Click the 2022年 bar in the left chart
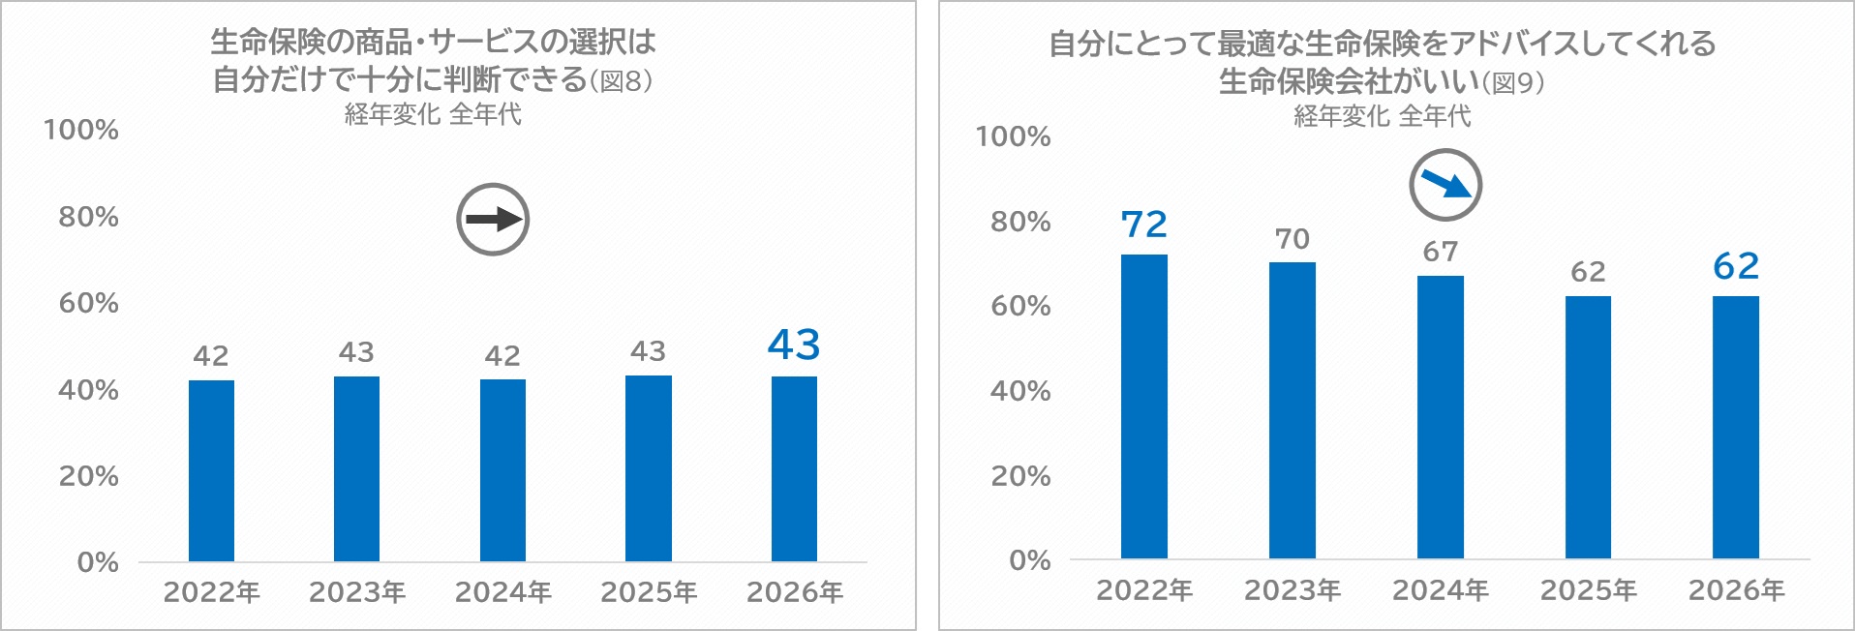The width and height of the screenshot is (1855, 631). (x=211, y=470)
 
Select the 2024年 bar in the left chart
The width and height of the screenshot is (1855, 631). (x=502, y=470)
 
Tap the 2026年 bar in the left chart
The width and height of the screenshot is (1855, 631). (x=794, y=468)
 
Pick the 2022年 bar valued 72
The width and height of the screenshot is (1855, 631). (x=1144, y=406)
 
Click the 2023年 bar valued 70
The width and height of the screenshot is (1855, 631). (x=1292, y=410)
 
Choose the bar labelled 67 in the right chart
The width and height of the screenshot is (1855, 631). (x=1441, y=417)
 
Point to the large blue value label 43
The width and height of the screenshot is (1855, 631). (x=794, y=345)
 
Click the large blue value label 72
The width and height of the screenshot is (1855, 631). (x=1144, y=225)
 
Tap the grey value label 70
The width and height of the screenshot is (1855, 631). (x=1292, y=239)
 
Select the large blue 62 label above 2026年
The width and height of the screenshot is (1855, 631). (x=1736, y=266)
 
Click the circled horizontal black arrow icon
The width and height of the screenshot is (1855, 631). (x=493, y=220)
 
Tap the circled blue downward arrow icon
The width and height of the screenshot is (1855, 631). (x=1445, y=185)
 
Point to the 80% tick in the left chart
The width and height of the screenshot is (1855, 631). (x=88, y=217)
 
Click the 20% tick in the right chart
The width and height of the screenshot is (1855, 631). (x=1020, y=476)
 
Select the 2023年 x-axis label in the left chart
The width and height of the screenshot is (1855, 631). (x=357, y=592)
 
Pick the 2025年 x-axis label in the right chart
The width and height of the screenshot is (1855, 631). (x=1589, y=590)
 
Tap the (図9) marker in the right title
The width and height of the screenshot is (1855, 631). (x=1513, y=83)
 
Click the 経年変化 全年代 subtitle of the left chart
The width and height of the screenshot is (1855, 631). (x=433, y=114)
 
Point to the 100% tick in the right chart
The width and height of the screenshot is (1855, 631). (x=1013, y=136)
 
